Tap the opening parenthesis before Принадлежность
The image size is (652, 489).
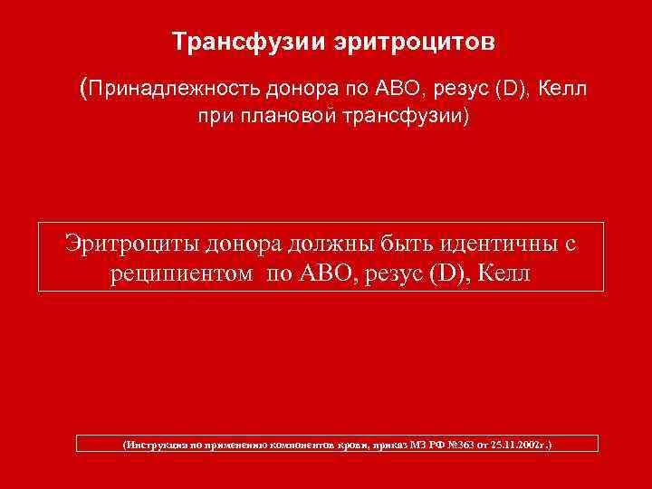click(x=84, y=88)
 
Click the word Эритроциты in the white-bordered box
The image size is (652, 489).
click(x=131, y=243)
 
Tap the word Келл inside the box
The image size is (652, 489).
click(x=502, y=273)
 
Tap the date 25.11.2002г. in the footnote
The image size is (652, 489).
click(x=519, y=446)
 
